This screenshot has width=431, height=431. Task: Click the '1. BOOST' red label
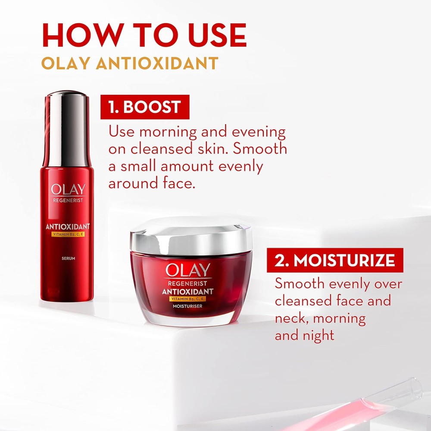(x=145, y=107)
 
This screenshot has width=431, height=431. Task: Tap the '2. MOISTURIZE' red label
(x=335, y=260)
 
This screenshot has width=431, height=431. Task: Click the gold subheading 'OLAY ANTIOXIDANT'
(x=130, y=63)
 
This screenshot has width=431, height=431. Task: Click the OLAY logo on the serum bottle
(x=68, y=189)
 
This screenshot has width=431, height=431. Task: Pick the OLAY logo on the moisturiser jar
(x=188, y=270)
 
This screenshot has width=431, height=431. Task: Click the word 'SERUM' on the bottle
(x=69, y=258)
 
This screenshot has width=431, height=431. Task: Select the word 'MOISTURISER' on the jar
(x=187, y=306)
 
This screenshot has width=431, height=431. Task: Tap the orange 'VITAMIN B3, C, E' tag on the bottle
(x=68, y=234)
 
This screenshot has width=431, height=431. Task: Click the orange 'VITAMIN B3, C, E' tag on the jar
(x=187, y=299)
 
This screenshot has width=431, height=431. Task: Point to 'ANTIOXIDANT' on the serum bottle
(x=68, y=227)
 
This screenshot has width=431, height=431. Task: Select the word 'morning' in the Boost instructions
(x=168, y=132)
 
